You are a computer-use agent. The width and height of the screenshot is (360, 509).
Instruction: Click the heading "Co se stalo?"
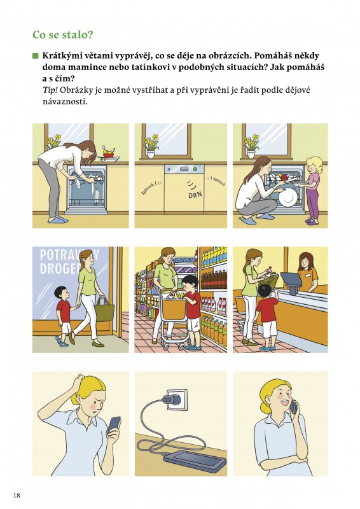pyautogui.click(x=63, y=35)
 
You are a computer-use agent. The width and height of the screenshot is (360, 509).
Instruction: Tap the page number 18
pyautogui.click(x=17, y=495)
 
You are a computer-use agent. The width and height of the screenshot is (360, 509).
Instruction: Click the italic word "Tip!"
pyautogui.click(x=50, y=90)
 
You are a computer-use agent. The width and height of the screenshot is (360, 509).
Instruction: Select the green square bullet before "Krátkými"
pyautogui.click(x=36, y=55)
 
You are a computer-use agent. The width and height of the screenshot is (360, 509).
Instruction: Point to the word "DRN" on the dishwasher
pyautogui.click(x=195, y=195)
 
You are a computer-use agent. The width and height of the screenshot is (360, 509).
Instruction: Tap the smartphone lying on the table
pyautogui.click(x=195, y=460)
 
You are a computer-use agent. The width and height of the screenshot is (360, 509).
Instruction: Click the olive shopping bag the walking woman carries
pyautogui.click(x=104, y=310)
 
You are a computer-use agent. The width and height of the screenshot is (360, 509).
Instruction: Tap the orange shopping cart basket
pyautogui.click(x=174, y=309)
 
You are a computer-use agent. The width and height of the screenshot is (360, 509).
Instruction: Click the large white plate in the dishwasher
pyautogui.click(x=288, y=197)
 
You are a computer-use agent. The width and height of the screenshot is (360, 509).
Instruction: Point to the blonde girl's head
pyautogui.click(x=314, y=165)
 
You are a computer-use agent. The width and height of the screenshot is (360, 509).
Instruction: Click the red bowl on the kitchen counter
pyautogui.click(x=108, y=155)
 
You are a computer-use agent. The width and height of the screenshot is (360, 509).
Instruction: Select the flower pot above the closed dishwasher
pyautogui.click(x=151, y=154)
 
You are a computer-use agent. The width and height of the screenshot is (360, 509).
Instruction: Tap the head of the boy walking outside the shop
pyautogui.click(x=60, y=293)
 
